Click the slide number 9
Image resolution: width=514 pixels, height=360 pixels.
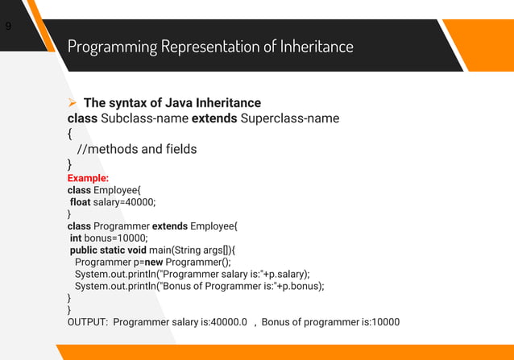click(x=8, y=27)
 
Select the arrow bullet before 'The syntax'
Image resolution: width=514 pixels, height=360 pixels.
click(x=73, y=103)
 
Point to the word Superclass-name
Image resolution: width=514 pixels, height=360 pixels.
click(x=290, y=119)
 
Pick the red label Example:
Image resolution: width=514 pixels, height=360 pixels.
click(x=88, y=178)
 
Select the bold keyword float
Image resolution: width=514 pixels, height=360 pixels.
click(x=81, y=202)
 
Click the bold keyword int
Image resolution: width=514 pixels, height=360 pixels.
click(x=76, y=238)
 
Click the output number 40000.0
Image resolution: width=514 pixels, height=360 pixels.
click(x=229, y=322)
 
